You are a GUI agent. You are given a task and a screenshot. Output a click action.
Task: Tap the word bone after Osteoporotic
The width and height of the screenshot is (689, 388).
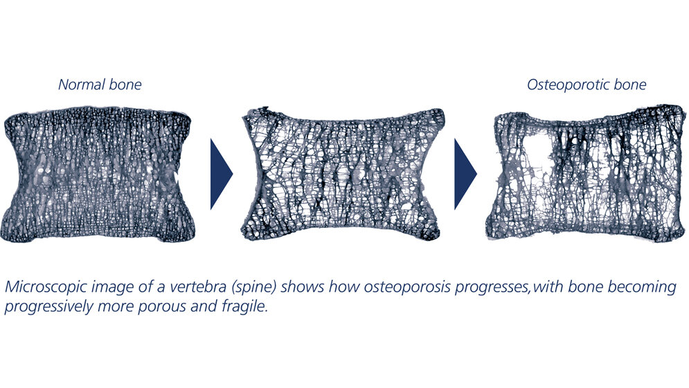[630, 85]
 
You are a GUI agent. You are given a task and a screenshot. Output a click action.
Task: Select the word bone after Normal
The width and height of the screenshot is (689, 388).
[125, 85]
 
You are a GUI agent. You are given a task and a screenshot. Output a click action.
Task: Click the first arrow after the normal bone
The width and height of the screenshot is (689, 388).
[221, 173]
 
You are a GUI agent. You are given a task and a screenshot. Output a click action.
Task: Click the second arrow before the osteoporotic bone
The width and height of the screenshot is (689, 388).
[465, 173]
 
